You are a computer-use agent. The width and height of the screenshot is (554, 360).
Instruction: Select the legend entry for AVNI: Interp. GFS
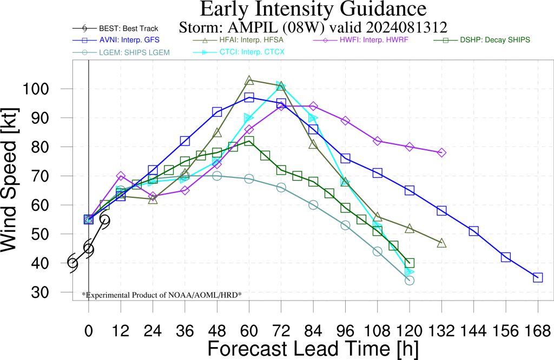coord(116,40)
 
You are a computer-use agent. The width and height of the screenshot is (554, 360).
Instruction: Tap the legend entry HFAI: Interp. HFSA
coord(238,40)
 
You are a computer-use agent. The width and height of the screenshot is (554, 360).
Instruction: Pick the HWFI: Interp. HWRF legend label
coord(361,40)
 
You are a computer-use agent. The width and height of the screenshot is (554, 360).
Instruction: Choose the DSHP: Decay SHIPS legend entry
coord(482,40)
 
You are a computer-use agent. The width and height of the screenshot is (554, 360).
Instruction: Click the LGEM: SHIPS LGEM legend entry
coord(121,52)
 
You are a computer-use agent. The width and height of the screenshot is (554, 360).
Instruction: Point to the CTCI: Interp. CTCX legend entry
coord(239,52)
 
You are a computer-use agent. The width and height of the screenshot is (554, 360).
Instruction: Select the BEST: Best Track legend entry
coord(115,29)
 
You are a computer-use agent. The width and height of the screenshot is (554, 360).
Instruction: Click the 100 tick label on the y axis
coord(36,89)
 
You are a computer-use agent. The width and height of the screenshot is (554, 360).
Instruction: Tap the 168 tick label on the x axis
coord(538,331)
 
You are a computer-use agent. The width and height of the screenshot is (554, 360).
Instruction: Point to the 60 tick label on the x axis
coord(249,331)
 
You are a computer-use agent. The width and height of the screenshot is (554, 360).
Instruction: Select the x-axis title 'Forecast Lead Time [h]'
coord(313,349)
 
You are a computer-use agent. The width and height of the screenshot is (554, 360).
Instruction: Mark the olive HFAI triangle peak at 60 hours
coord(249,81)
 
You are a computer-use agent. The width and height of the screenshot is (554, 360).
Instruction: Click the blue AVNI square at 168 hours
coord(538,277)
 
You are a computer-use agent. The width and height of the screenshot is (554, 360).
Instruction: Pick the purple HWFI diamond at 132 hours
coord(441,152)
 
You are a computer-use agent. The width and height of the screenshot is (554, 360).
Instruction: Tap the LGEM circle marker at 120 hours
coord(410,281)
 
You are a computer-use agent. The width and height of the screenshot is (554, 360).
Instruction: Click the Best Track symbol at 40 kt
coord(72,263)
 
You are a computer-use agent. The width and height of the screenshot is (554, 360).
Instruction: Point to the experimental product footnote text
coord(162,295)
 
